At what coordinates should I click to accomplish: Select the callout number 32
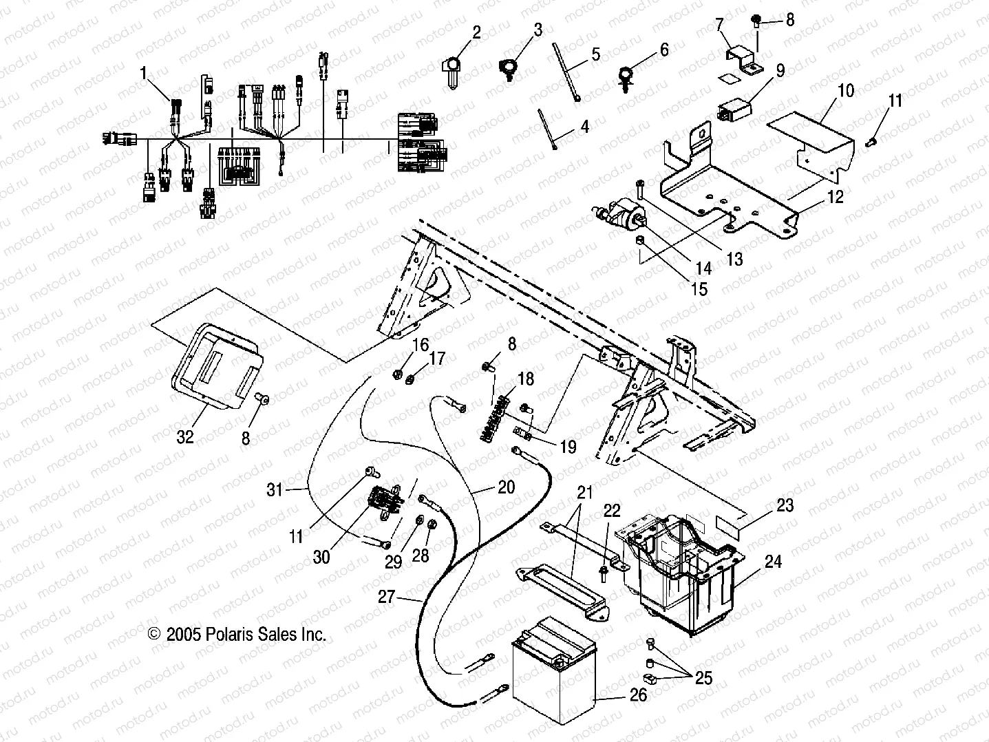[x=185, y=436]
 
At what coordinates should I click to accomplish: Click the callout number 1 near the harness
[x=144, y=73]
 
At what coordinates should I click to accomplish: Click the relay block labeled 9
[x=733, y=109]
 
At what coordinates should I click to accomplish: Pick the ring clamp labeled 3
[x=508, y=67]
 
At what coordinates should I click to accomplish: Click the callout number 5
[x=595, y=54]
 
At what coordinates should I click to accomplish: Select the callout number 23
[x=784, y=505]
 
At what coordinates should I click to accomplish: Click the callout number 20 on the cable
[x=506, y=487]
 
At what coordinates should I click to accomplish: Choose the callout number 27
[x=387, y=596]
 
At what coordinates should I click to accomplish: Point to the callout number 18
[x=525, y=379]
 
